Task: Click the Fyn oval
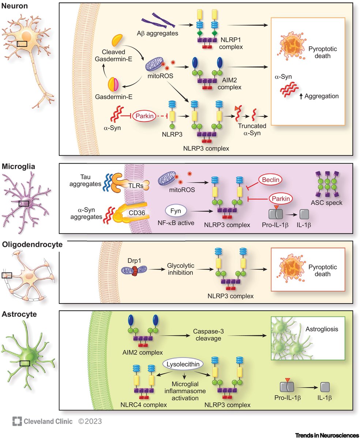click(176, 211)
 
